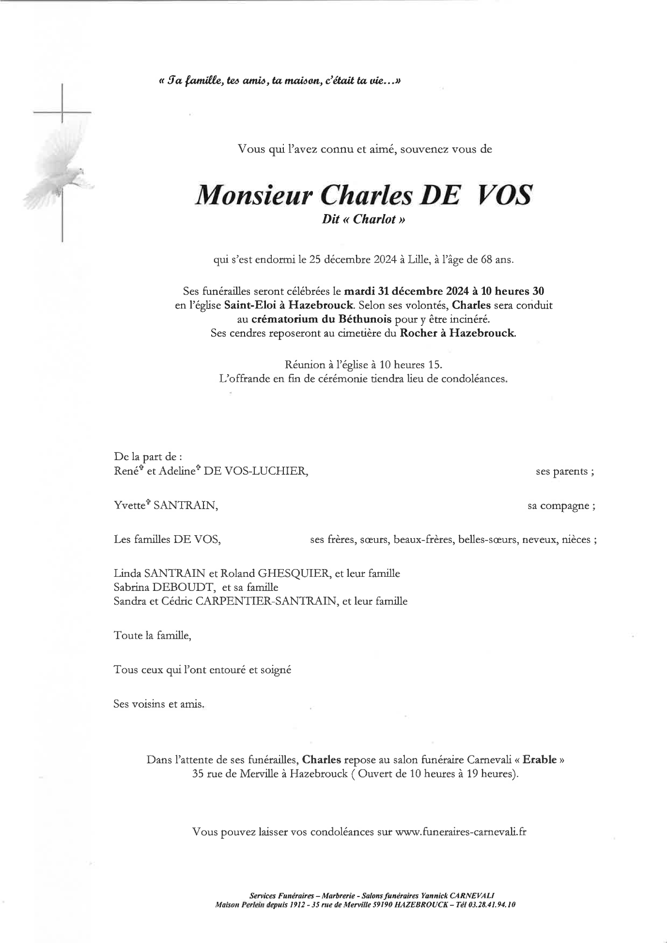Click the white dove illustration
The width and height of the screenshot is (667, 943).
(61, 170)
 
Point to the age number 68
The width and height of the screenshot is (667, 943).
(487, 260)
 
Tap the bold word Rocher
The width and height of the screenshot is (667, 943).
(419, 334)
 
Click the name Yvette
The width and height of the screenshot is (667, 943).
(129, 506)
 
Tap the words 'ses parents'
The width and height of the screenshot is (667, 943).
(562, 472)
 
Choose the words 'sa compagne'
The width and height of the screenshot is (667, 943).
(558, 506)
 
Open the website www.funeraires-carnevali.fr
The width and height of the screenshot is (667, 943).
(461, 832)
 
